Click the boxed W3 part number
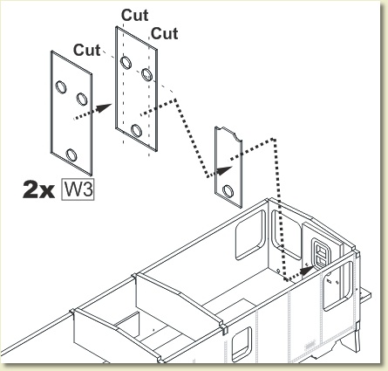pos(78,189)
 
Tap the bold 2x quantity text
pos(38,190)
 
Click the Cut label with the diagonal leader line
pos(86,50)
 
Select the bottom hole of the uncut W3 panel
pos(71,155)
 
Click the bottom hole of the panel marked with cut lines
pos(136,130)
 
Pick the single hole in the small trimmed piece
pos(228,191)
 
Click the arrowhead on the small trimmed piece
pos(224,170)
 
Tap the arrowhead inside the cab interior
pos(307,271)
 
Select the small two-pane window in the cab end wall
pos(321,252)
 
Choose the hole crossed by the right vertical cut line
pos(147,74)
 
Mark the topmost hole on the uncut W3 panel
pos(61,87)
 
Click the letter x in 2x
pos(46,192)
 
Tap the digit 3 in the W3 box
pos(86,189)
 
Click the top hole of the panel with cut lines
pos(126,63)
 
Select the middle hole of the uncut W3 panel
pos(82,99)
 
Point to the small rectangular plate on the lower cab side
pos(310,345)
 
